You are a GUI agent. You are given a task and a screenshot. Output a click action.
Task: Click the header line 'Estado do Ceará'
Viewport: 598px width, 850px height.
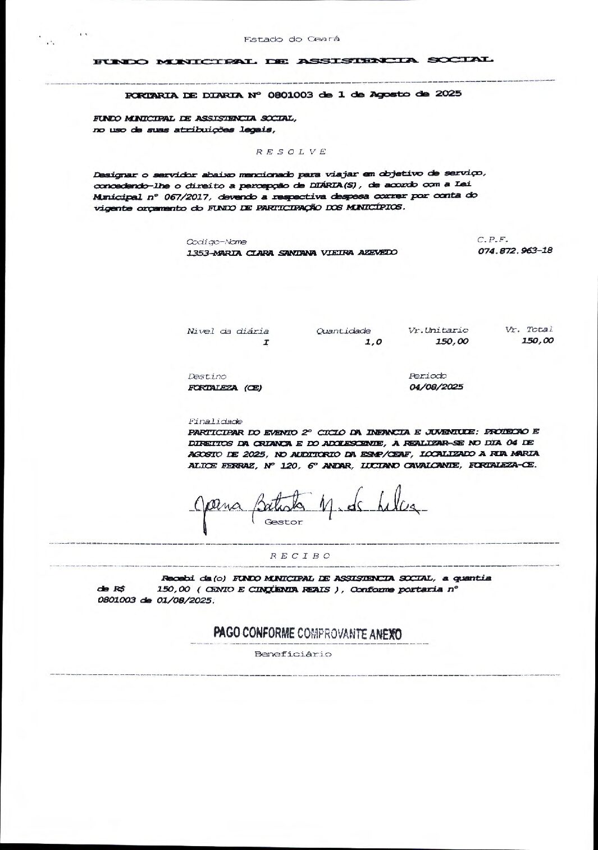point(291,39)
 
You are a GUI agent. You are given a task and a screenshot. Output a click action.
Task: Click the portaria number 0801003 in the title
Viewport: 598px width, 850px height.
point(290,94)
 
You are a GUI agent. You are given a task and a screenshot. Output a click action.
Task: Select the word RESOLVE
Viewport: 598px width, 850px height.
point(291,151)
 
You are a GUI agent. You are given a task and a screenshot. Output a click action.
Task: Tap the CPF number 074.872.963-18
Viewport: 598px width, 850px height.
point(515,250)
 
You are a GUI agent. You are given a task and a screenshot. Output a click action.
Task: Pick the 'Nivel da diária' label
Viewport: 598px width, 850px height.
point(227,331)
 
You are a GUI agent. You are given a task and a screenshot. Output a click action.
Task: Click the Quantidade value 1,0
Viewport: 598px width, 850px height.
point(373,342)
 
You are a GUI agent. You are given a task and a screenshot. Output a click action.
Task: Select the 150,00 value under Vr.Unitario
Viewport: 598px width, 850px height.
point(451,341)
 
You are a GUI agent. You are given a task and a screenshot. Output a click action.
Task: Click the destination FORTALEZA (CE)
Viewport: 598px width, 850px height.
point(225,388)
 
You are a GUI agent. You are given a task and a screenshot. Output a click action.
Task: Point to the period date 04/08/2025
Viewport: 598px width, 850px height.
point(436,387)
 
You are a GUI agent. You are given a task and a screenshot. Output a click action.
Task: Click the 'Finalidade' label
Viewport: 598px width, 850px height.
point(215,421)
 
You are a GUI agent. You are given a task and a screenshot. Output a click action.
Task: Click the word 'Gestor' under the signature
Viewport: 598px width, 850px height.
point(283,522)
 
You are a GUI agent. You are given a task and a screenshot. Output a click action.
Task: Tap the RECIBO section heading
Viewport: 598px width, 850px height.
point(300,555)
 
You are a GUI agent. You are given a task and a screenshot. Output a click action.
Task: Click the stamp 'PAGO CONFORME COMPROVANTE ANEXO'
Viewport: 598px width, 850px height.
point(307,633)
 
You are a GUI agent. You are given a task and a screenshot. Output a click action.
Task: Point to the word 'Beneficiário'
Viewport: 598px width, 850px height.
point(293,654)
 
